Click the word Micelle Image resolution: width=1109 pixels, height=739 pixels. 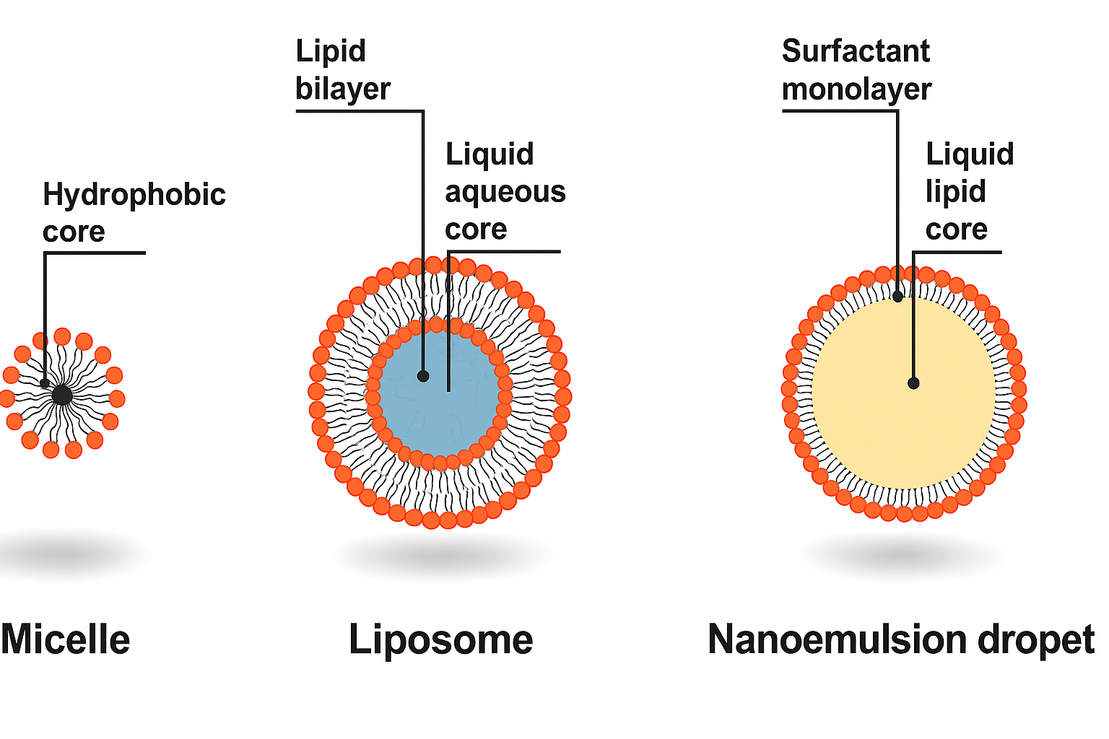click(66, 639)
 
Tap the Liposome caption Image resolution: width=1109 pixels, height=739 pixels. click(440, 641)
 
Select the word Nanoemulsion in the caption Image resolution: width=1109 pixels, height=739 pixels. click(838, 639)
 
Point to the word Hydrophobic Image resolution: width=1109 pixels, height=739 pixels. click(134, 195)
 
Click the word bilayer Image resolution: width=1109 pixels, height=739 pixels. click(343, 89)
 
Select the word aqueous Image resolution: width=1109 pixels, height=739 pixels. click(505, 193)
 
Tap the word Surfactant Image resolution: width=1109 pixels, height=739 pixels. click(856, 51)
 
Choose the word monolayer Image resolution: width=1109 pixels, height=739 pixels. click(856, 89)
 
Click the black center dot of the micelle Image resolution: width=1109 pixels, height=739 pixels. click(62, 395)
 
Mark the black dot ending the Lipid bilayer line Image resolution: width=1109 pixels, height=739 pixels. click(423, 376)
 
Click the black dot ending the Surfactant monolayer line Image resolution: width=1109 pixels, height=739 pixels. click(897, 297)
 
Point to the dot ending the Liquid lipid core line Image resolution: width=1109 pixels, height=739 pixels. click(913, 383)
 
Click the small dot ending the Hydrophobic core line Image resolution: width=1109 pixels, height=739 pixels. click(45, 383)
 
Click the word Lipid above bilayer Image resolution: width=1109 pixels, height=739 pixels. click(331, 51)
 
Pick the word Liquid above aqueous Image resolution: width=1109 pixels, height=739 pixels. click(490, 154)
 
